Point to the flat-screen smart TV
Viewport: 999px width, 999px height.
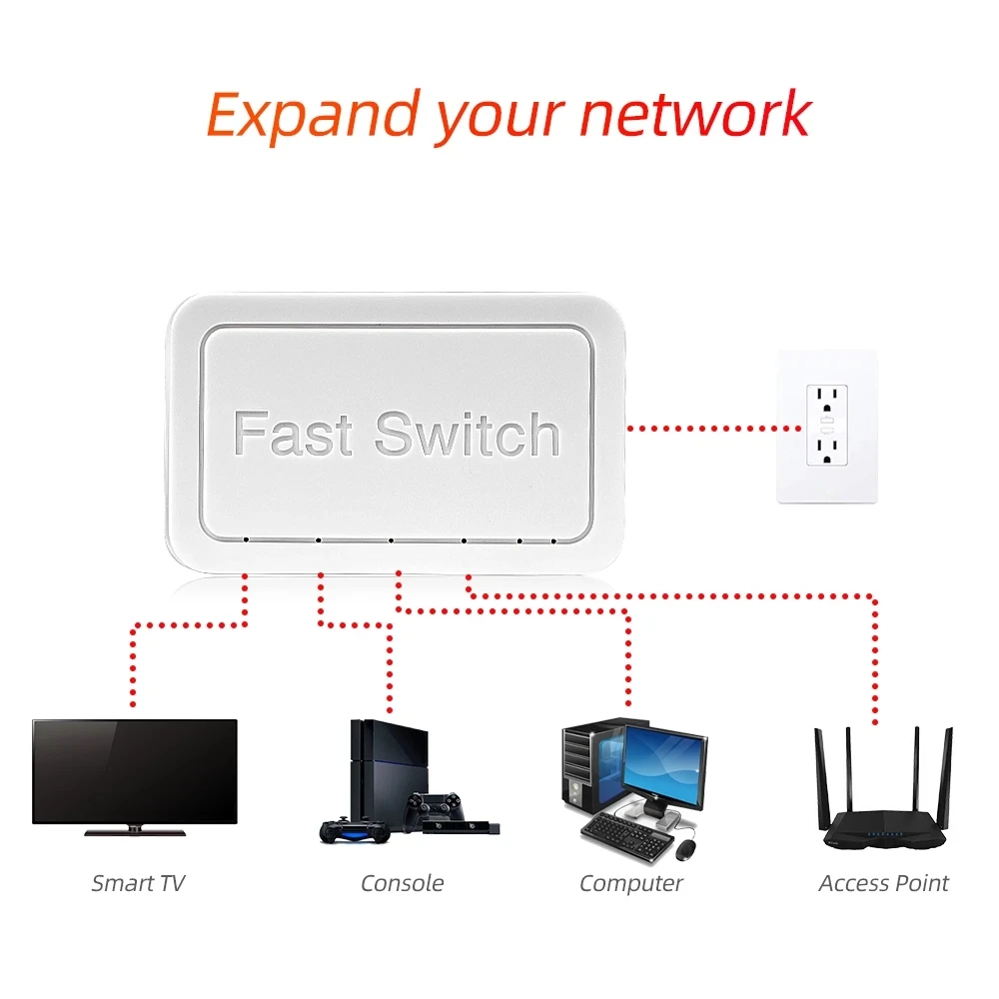[x=135, y=770]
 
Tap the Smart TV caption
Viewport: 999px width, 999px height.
[x=138, y=883]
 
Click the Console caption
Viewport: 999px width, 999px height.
[x=402, y=883]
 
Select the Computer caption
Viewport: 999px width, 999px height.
[x=630, y=883]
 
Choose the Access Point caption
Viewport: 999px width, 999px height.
[x=883, y=883]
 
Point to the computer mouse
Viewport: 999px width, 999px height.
[x=685, y=850]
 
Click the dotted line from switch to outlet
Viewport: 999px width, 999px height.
[x=713, y=428]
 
